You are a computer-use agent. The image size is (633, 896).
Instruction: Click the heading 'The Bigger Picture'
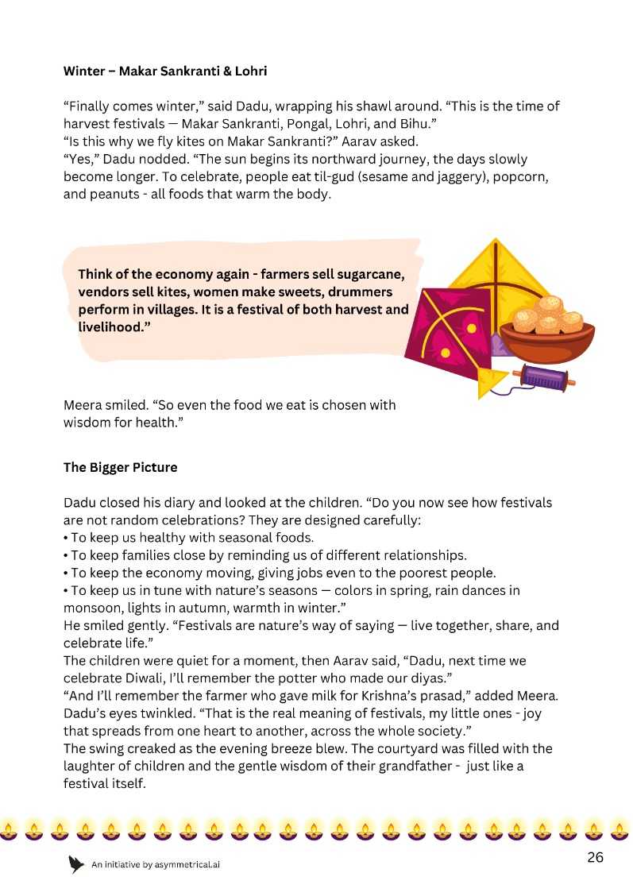(120, 467)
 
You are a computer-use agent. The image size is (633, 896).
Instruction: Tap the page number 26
(596, 857)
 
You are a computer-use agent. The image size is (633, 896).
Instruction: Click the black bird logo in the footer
(76, 864)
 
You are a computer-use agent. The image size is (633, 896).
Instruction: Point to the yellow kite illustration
(496, 274)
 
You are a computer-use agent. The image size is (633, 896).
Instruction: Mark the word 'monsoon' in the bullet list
(89, 608)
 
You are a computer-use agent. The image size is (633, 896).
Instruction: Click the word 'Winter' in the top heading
(83, 71)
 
